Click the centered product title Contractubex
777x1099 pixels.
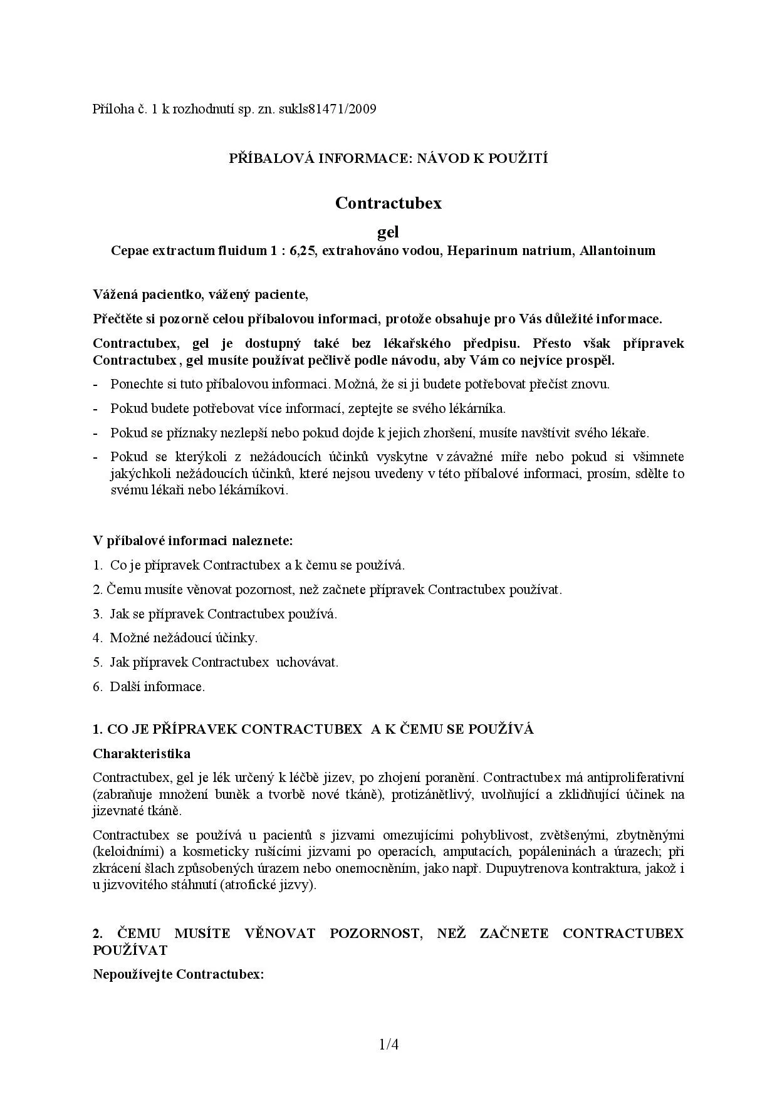pyautogui.click(x=388, y=203)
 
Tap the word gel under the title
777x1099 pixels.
pyautogui.click(x=388, y=232)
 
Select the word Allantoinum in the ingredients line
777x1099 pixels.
pyautogui.click(x=617, y=251)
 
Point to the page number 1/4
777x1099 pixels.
pyautogui.click(x=388, y=1044)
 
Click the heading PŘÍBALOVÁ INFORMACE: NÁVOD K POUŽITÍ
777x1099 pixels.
pyautogui.click(x=388, y=159)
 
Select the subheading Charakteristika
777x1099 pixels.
pyautogui.click(x=142, y=753)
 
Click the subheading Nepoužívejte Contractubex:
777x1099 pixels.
pyautogui.click(x=179, y=974)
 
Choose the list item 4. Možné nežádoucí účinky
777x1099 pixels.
pyautogui.click(x=175, y=638)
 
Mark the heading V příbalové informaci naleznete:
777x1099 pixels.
pyautogui.click(x=193, y=540)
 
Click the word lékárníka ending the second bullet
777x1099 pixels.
pyautogui.click(x=476, y=409)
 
